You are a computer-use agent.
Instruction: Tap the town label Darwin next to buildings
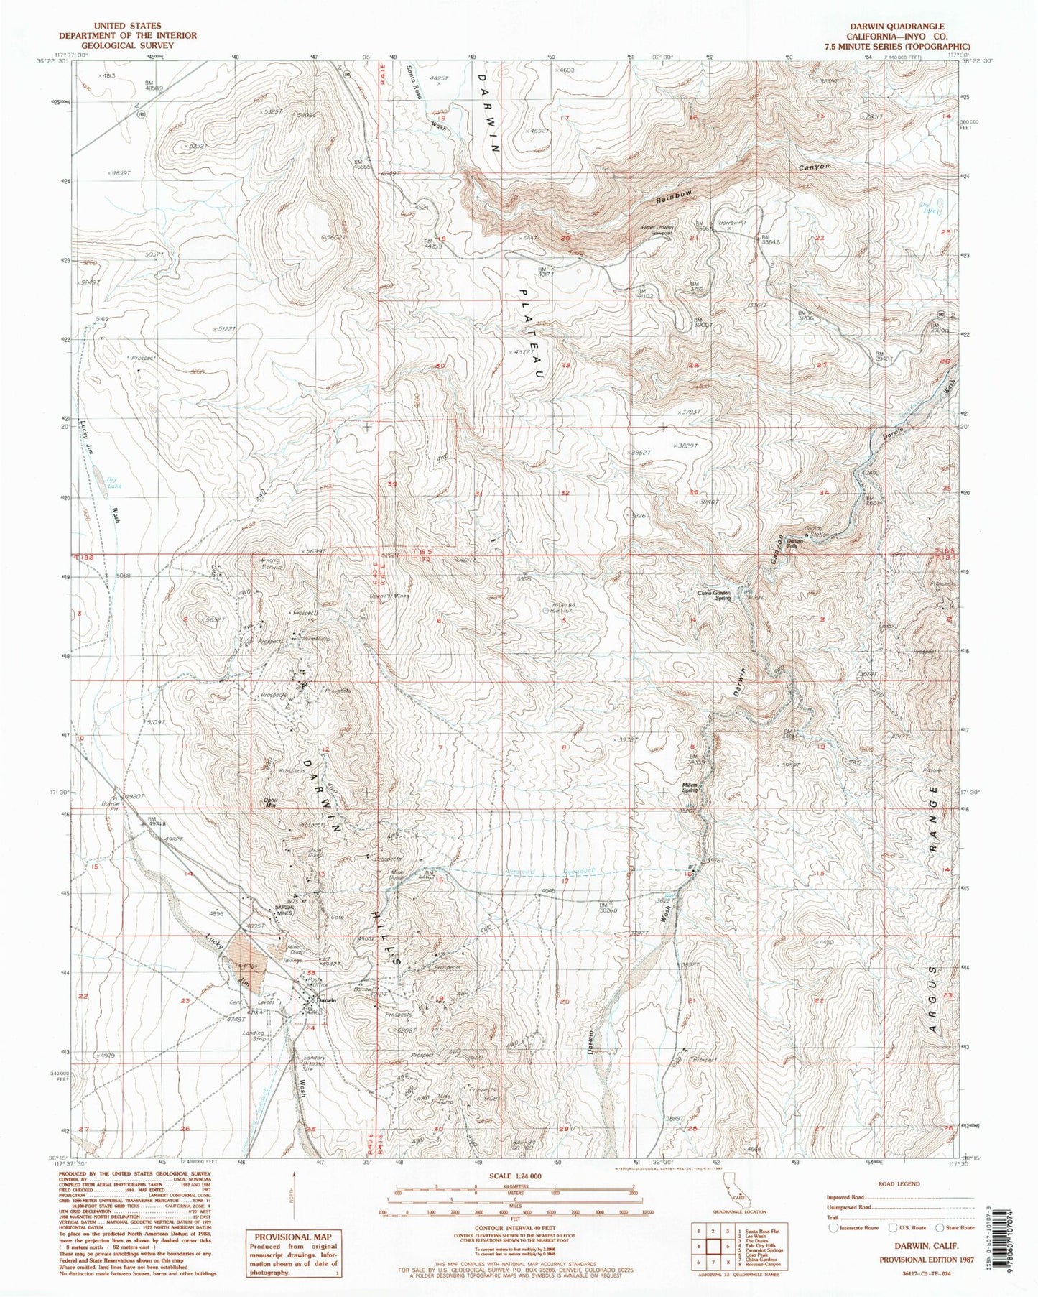[x=327, y=1000]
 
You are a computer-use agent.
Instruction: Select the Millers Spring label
[x=690, y=788]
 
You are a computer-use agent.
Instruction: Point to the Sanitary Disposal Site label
[x=313, y=1062]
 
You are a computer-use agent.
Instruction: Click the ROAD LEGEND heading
[x=898, y=1183]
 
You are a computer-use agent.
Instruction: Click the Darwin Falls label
[x=794, y=541]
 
